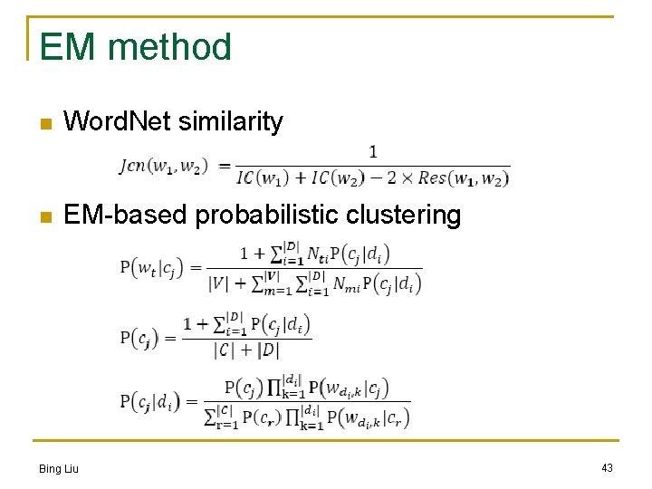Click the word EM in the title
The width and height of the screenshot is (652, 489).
63,47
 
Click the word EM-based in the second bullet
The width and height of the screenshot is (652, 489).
127,216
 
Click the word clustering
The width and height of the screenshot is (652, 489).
405,216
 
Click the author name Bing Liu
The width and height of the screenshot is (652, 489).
59,468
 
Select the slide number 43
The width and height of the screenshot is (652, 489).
607,467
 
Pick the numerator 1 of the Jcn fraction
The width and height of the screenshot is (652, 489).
372,152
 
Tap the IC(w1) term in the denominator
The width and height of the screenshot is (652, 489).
262,178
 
